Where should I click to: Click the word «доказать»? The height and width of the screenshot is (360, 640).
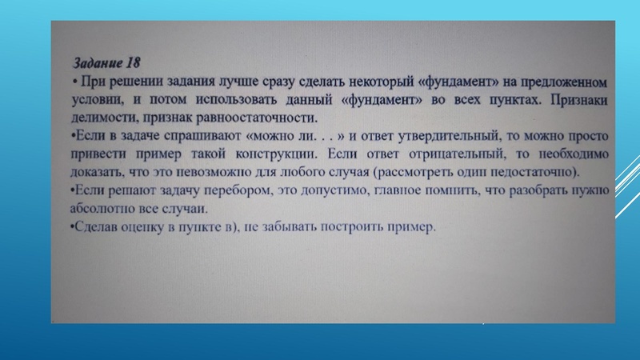pyautogui.click(x=94, y=172)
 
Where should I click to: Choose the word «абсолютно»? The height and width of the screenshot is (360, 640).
pyautogui.click(x=103, y=209)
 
